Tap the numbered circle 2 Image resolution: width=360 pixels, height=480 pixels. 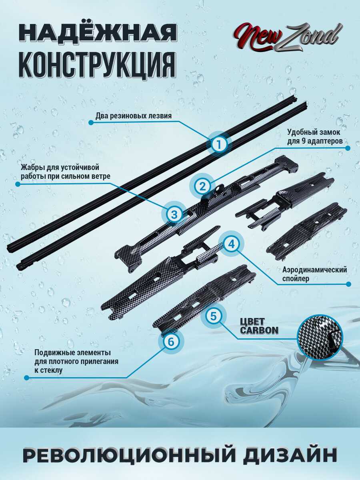pos(202,186)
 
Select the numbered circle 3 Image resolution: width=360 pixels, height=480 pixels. pos(174,214)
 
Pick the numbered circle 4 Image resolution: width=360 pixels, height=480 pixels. pos(231,244)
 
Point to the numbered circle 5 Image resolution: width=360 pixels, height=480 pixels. pos(213,316)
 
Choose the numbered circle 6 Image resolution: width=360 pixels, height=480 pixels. pos(171,342)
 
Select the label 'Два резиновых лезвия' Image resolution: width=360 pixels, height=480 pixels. pos(134,116)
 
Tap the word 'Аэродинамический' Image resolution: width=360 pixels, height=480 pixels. pos(314,270)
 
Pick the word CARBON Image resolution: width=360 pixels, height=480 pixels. pos(259,330)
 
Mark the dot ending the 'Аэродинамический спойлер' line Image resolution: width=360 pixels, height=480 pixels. pos(348,284)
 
